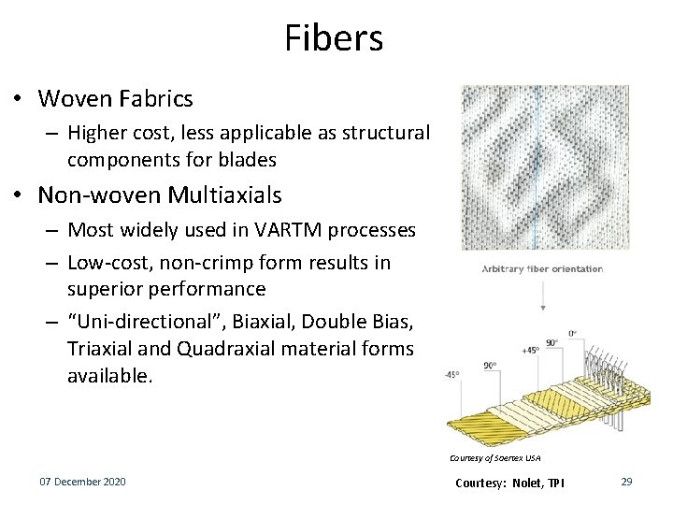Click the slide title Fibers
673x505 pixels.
(334, 38)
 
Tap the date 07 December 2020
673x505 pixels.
(82, 482)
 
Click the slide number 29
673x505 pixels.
(626, 482)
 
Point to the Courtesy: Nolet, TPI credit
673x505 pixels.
(509, 483)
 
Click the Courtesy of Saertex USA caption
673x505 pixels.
(494, 458)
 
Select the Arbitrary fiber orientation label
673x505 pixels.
(542, 268)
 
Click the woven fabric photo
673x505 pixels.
(545, 168)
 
